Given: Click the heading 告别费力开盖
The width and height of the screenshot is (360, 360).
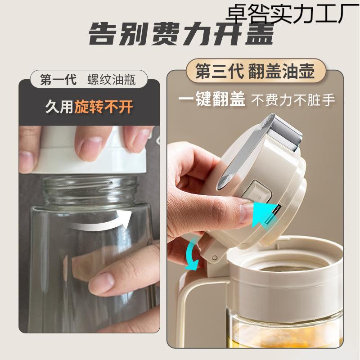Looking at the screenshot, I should tap(180, 35).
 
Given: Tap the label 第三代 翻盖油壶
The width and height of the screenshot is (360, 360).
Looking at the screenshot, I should tap(254, 72).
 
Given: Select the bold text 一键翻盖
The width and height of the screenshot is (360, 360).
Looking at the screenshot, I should tap(211, 99).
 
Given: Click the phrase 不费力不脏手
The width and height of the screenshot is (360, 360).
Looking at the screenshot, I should tap(293, 99).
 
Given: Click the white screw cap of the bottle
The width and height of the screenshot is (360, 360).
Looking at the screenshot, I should tap(90, 151).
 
